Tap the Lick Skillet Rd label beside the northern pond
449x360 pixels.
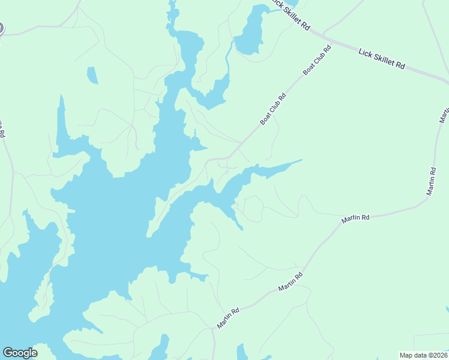(291, 16)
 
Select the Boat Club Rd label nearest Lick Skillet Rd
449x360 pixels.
(318, 61)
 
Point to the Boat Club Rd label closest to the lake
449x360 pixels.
(273, 109)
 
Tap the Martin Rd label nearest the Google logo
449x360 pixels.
(228, 318)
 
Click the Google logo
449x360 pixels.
(20, 353)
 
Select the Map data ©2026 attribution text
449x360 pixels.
(423, 355)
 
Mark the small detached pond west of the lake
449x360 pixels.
(92, 75)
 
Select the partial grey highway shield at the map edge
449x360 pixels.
(1, 28)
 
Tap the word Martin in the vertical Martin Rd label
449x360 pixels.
(432, 185)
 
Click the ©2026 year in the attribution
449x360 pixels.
(436, 355)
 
